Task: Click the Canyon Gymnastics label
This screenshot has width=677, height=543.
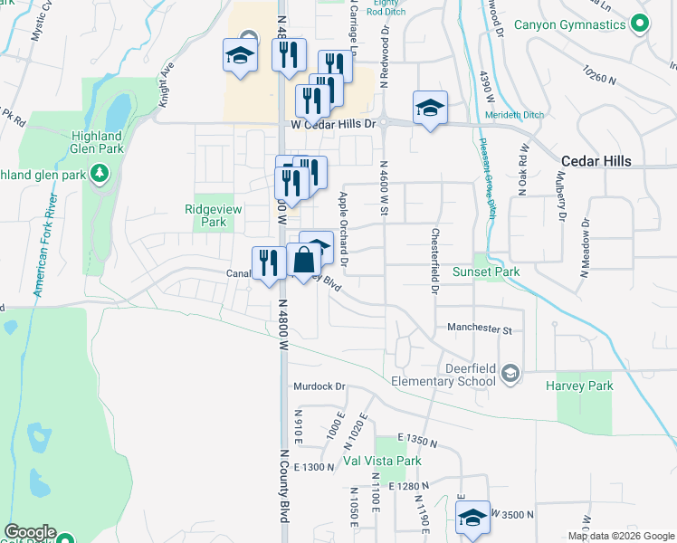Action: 570,24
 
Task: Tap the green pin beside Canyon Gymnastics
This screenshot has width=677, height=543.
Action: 641,24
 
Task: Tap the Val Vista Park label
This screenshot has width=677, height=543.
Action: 383,462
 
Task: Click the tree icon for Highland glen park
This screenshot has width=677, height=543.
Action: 100,173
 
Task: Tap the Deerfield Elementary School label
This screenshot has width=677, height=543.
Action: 443,375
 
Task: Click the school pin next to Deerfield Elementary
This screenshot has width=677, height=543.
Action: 510,374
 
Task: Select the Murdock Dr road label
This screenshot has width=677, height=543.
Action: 319,386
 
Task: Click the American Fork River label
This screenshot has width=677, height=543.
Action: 46,244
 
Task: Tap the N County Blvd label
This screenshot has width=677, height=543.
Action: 283,486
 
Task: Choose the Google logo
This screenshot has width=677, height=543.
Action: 30,532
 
